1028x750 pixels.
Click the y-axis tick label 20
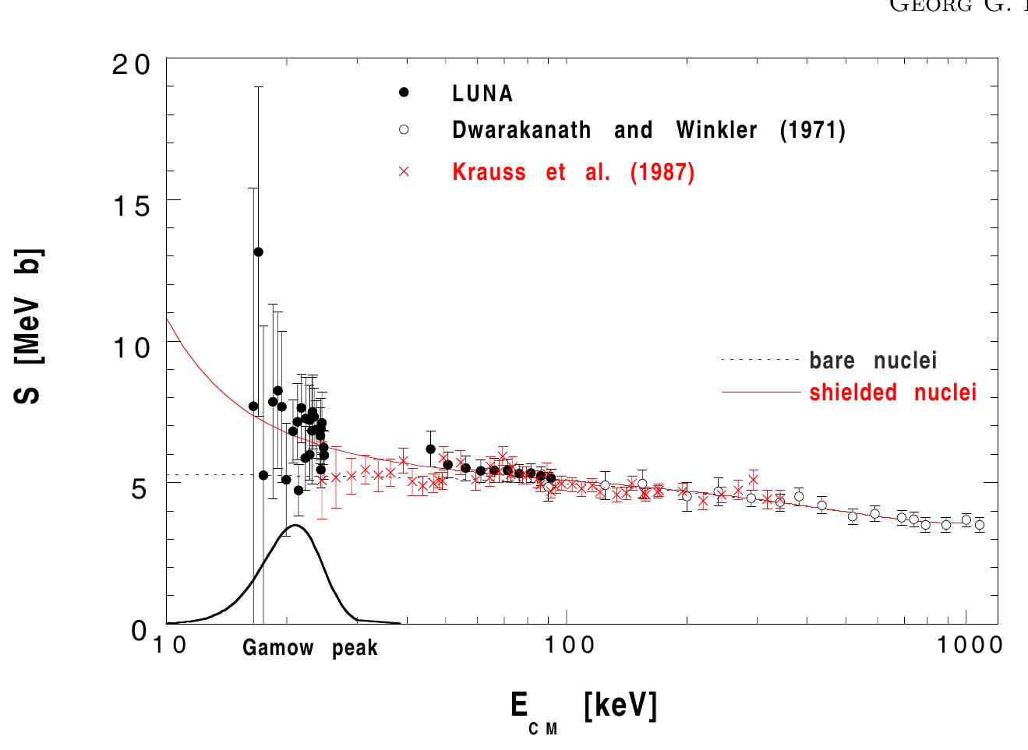click(130, 65)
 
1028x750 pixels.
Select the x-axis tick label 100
click(566, 646)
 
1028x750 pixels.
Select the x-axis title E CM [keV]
click(583, 709)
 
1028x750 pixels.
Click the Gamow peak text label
click(310, 648)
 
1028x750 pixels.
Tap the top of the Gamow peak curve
click(295, 526)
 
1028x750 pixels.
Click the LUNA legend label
click(482, 93)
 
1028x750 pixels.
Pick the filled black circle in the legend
click(404, 93)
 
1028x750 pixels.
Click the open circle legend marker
click(404, 129)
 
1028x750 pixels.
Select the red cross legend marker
click(404, 171)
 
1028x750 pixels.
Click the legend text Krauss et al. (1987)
click(573, 172)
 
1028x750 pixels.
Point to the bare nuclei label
click(873, 361)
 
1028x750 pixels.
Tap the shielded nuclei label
click(892, 393)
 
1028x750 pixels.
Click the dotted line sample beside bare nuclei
click(761, 361)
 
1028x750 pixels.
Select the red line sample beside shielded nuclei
click(761, 392)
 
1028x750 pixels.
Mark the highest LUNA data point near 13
click(258, 252)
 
